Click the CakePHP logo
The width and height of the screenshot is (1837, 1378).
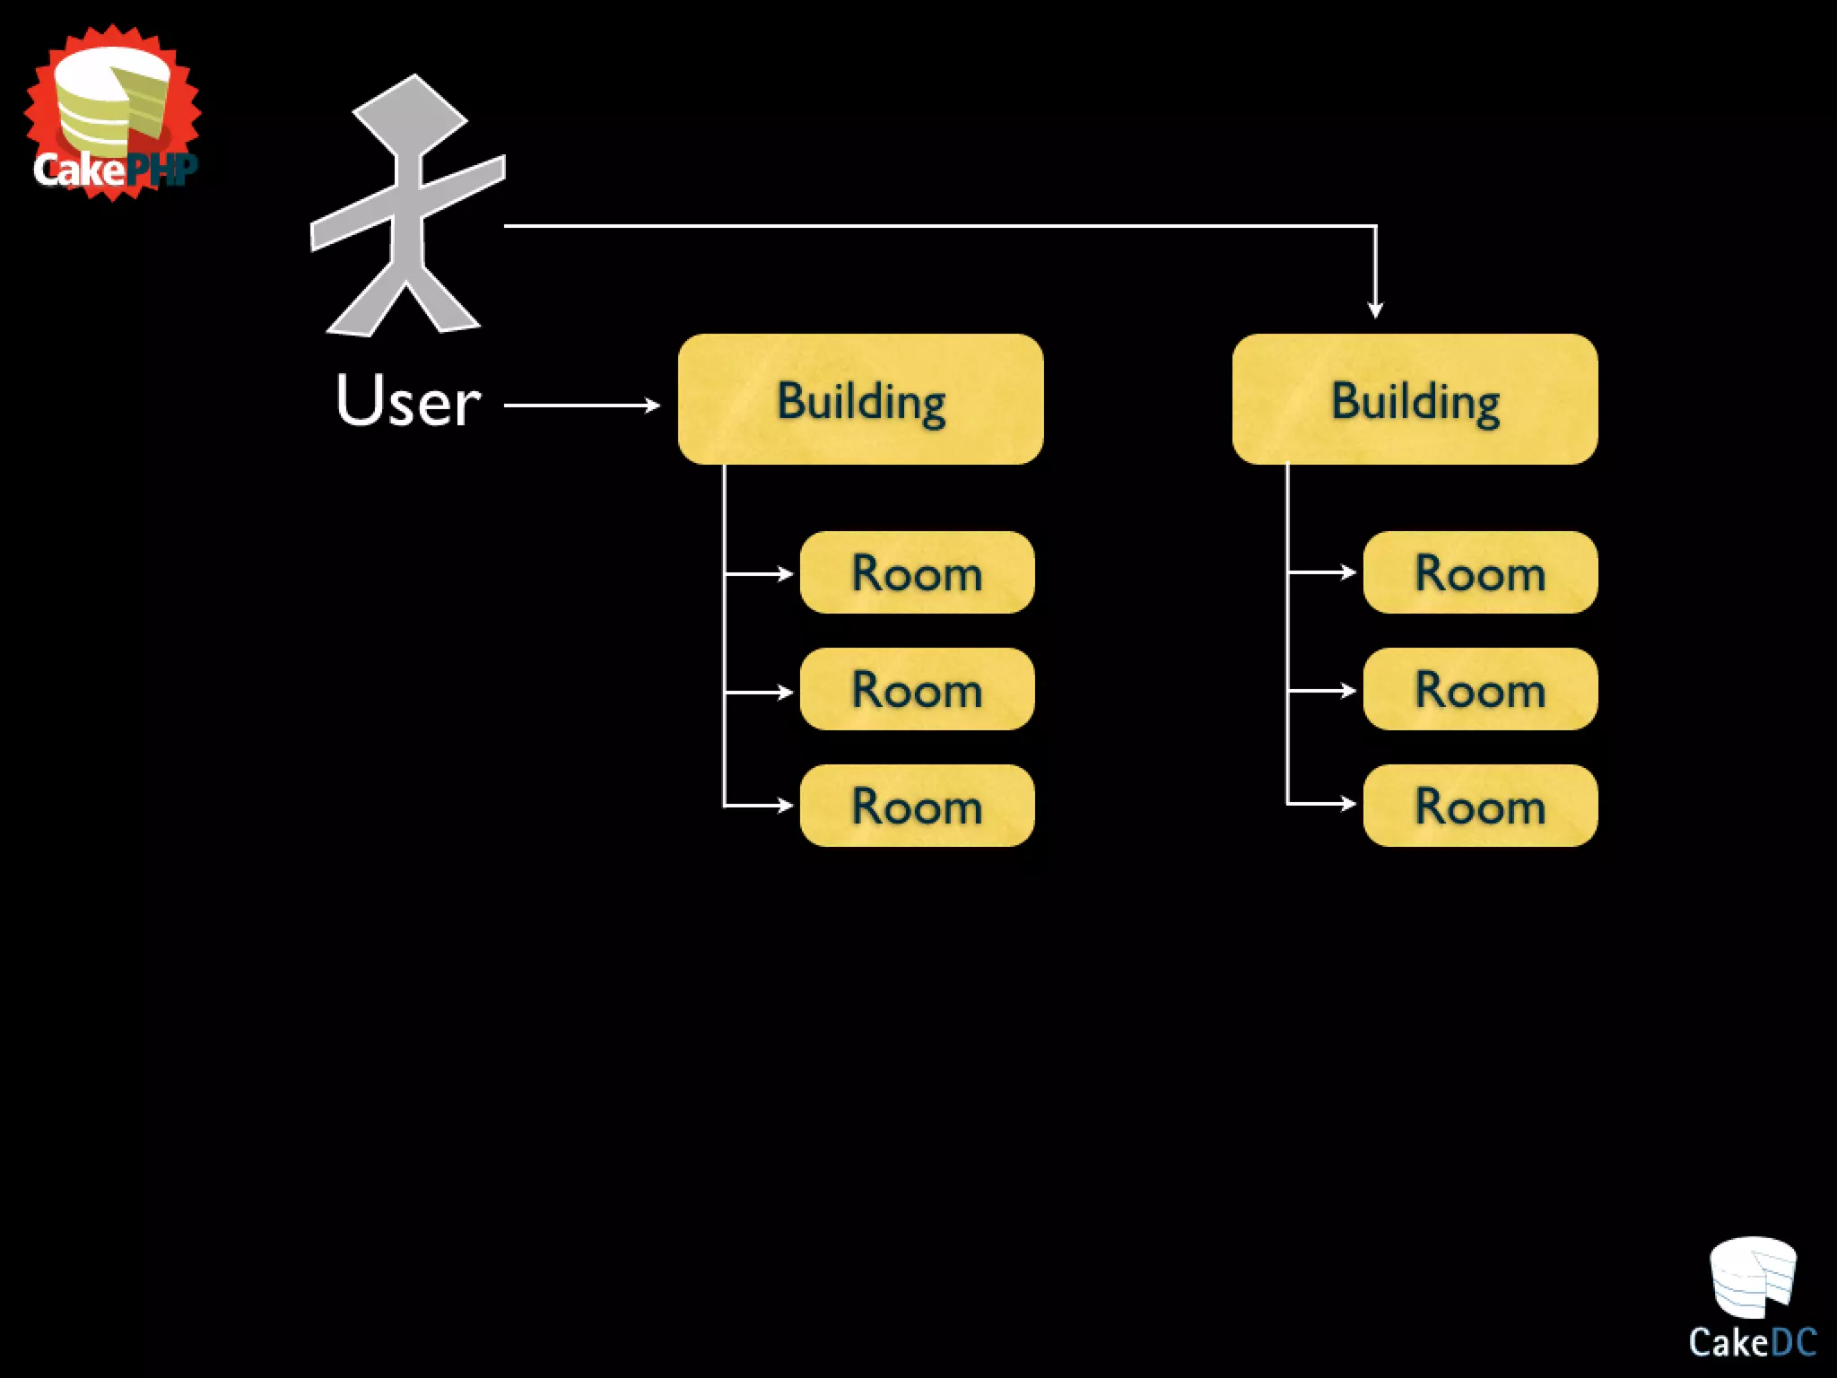(x=113, y=113)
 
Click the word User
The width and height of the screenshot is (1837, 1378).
(x=408, y=400)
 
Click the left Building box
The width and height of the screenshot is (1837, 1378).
(x=860, y=399)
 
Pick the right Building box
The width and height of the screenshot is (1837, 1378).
(x=1415, y=399)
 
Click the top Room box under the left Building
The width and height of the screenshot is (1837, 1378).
(x=917, y=572)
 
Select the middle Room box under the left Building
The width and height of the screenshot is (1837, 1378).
(x=917, y=689)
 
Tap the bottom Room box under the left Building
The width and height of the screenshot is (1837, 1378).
(x=917, y=806)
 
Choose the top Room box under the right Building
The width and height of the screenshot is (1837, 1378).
(x=1480, y=572)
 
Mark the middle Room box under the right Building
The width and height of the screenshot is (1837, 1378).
(x=1480, y=689)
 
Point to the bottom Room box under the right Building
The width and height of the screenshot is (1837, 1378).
(x=1480, y=806)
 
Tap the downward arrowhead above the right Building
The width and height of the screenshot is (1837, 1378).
(x=1375, y=310)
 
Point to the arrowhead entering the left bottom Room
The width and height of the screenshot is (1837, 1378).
(x=785, y=806)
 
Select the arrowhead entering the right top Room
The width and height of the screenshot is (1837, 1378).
(x=1348, y=571)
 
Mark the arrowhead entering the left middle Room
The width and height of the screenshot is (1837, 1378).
(x=785, y=693)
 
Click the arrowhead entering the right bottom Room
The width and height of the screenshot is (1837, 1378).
(x=1348, y=803)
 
